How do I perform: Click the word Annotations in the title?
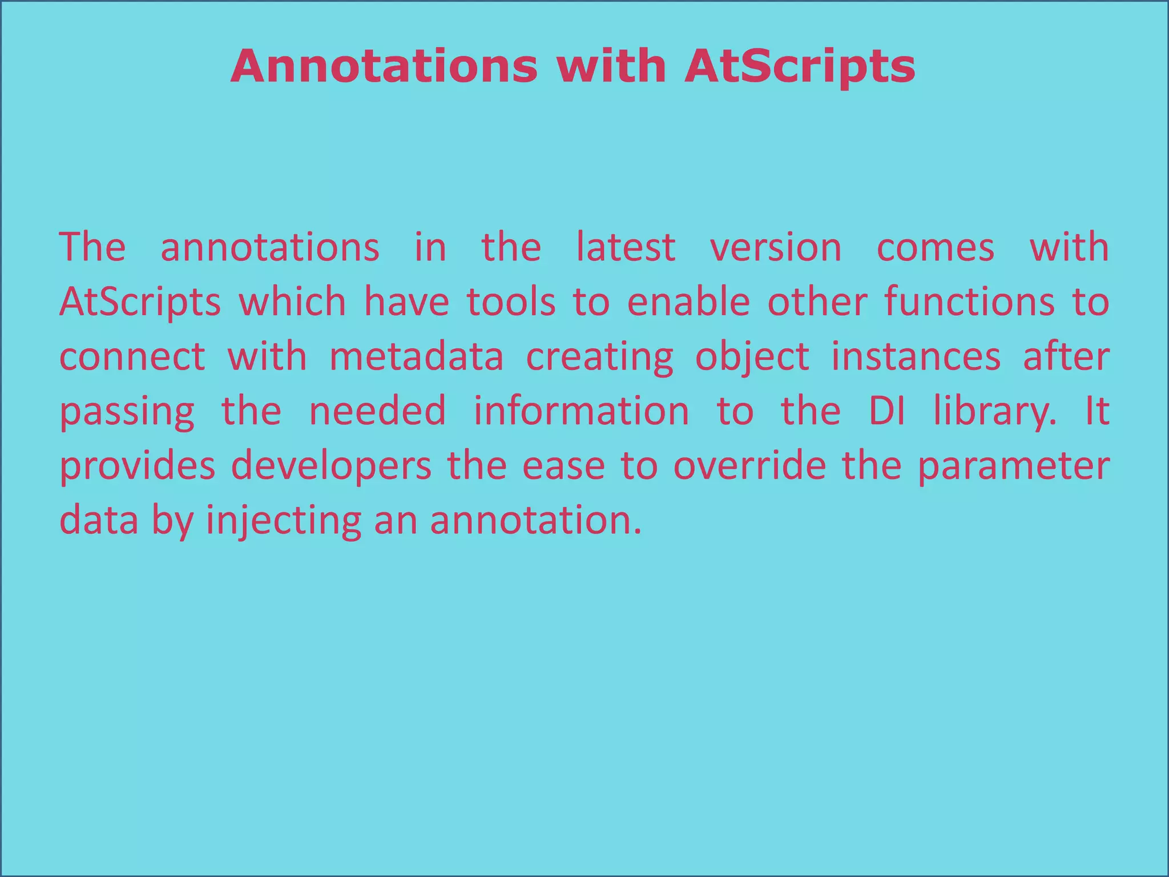pos(384,66)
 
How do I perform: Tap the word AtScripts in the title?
pos(800,66)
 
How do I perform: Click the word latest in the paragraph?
pos(626,247)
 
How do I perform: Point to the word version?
pos(776,247)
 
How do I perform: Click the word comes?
pos(936,247)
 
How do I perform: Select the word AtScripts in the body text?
pos(140,302)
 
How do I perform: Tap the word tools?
pos(511,302)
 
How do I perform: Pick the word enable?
pos(688,302)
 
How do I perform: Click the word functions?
pos(969,302)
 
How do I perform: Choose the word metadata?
pos(417,357)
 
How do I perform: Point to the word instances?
pos(916,357)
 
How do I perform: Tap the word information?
pos(581,411)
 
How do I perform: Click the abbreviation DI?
pos(886,411)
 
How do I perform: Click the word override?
pos(749,465)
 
